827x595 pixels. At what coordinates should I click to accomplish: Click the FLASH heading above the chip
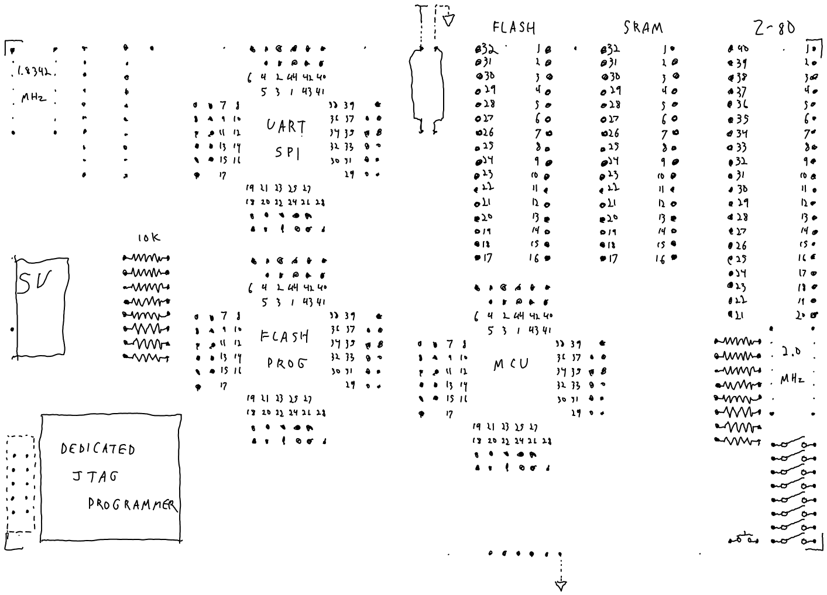coord(514,27)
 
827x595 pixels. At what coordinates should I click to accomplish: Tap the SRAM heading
coord(643,28)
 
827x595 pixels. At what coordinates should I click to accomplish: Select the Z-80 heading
coord(774,28)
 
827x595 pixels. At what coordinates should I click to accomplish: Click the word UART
coord(286,126)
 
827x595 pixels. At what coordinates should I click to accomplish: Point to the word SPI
coord(287,153)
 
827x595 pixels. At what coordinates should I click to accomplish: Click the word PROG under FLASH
coord(286,363)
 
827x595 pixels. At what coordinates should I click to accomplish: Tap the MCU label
coord(510,364)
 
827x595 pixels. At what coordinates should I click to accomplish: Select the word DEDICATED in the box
coord(98,449)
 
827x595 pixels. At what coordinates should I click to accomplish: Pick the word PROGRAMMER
coord(132,504)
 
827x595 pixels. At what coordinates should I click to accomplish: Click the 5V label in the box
coord(33,282)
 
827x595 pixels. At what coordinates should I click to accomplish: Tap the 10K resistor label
coord(148,238)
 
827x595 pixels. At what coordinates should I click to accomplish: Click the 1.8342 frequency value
coord(33,73)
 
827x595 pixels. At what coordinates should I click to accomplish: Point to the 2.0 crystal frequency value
coord(791,352)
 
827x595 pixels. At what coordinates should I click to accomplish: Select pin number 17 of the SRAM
coord(610,258)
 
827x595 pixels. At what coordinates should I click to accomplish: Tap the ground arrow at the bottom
coord(561,584)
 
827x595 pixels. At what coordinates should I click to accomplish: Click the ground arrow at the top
coord(449,21)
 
